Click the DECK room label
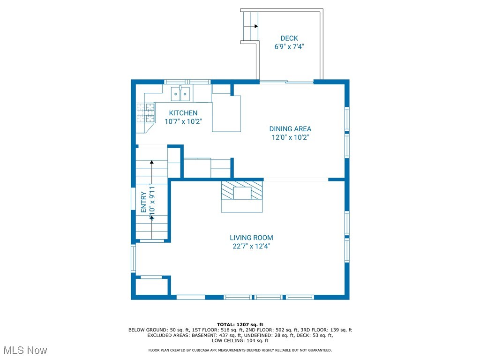click(x=289, y=38)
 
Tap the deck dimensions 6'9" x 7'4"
click(x=290, y=47)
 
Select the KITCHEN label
click(x=183, y=113)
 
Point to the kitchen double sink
click(x=180, y=94)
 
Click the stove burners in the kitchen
click(x=145, y=112)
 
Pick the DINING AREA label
click(x=290, y=129)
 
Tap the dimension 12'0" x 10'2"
click(x=290, y=137)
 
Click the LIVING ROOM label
click(x=251, y=238)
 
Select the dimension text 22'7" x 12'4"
click(x=251, y=246)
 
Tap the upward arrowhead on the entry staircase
click(x=151, y=162)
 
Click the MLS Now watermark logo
click(x=24, y=350)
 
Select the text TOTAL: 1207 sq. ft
click(x=240, y=324)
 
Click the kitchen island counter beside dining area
click(x=226, y=113)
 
